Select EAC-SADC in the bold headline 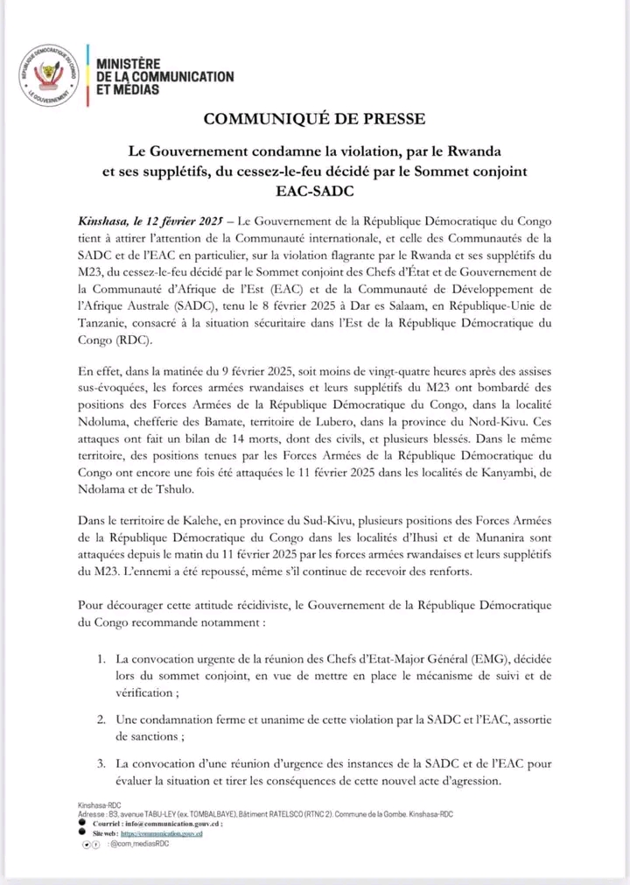tap(314, 187)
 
